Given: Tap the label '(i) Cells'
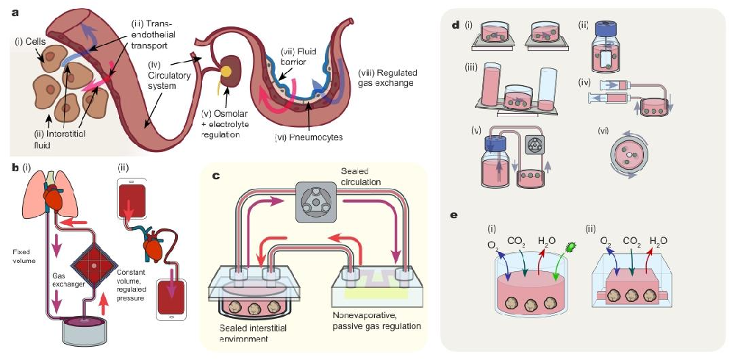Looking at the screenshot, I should (x=30, y=41).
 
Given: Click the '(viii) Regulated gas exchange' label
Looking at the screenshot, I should (x=386, y=78).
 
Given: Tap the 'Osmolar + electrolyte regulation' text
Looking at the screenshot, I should (x=228, y=123).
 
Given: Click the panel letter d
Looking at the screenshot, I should (x=456, y=25).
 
